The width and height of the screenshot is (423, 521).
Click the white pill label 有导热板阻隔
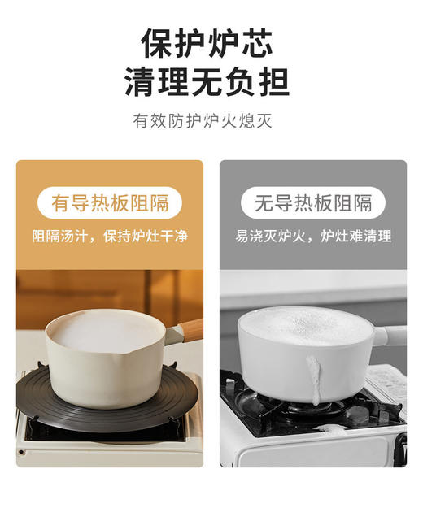tap(110, 202)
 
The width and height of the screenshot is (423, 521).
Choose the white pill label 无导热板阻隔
tap(313, 202)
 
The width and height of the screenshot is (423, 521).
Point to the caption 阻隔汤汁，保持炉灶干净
tap(110, 237)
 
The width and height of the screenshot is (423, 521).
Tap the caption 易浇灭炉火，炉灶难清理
tap(313, 237)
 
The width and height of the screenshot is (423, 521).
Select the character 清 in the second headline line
tap(140, 81)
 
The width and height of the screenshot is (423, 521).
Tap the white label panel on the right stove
tap(386, 382)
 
